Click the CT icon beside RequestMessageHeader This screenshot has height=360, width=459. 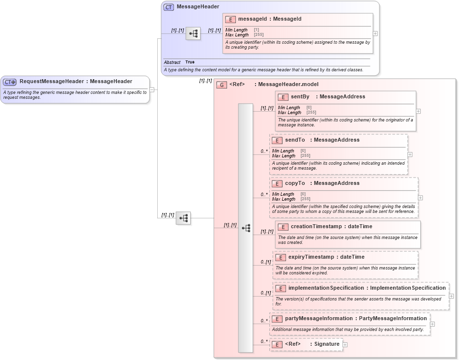(x=10, y=82)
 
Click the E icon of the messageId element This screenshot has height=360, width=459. (x=230, y=20)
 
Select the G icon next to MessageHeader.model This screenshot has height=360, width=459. (x=222, y=85)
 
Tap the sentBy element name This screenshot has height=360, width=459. (x=300, y=97)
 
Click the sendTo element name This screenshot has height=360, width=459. (x=295, y=140)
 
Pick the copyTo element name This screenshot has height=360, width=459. (x=295, y=183)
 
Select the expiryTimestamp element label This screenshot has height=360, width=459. (x=312, y=257)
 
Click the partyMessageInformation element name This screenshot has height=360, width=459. (x=318, y=319)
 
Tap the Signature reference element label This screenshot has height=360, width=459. (x=327, y=344)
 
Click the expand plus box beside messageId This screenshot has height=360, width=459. (x=375, y=34)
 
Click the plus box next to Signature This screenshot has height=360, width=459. (x=345, y=345)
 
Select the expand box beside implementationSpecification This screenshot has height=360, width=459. (x=451, y=296)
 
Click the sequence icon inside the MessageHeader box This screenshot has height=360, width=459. (x=194, y=33)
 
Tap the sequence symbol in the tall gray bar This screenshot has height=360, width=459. (x=246, y=228)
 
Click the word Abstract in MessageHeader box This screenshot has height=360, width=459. (x=172, y=62)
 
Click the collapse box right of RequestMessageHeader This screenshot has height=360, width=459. (x=152, y=90)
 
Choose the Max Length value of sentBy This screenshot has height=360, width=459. (x=311, y=113)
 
